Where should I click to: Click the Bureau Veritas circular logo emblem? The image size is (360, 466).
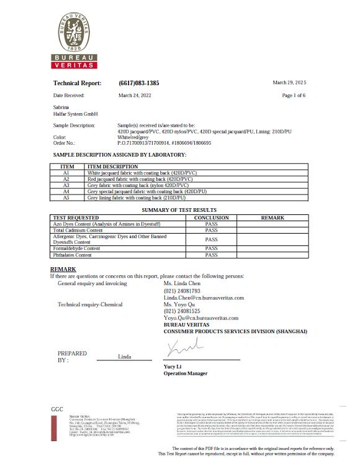coord(74,32)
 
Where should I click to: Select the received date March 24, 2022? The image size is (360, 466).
coord(135,96)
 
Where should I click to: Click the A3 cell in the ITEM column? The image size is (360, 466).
coord(66,185)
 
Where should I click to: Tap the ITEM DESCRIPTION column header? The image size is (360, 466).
coord(113,167)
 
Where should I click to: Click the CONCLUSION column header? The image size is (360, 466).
coord(211,218)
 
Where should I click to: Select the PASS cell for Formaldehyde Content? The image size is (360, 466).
coord(211,249)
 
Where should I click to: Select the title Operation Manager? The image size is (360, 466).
coord(186,373)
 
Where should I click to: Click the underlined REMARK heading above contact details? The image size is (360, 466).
coord(63,268)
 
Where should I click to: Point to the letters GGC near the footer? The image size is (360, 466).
coord(58,408)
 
